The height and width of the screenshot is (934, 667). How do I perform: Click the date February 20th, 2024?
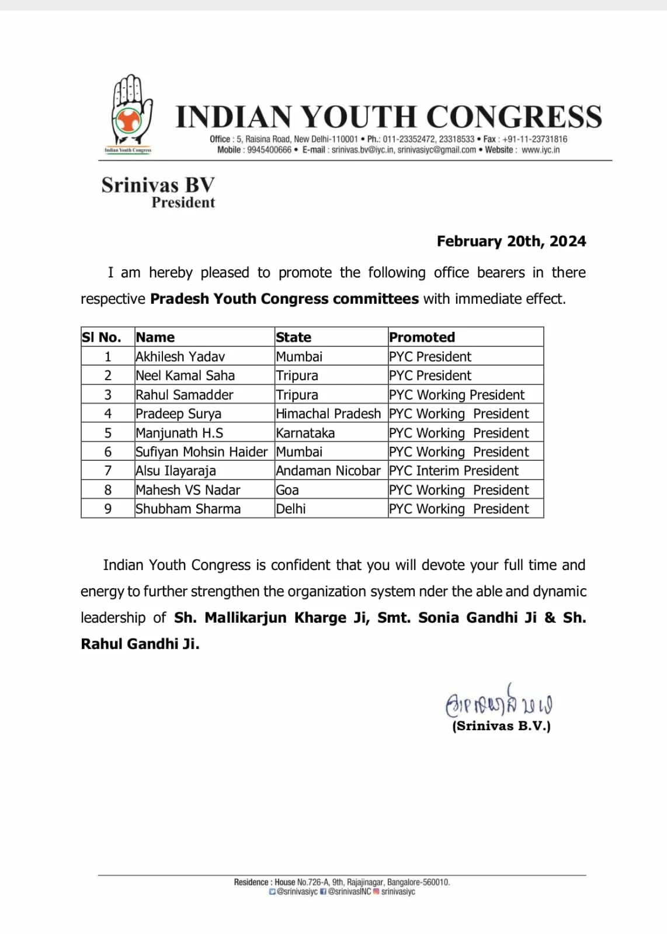(x=511, y=241)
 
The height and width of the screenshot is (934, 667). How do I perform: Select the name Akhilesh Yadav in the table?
(x=180, y=356)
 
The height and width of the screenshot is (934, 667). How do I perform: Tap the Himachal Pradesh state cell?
(x=328, y=414)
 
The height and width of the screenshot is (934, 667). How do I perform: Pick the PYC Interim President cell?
(x=453, y=471)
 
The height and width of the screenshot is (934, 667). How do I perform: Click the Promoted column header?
(x=422, y=337)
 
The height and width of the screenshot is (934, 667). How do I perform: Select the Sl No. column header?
(x=101, y=337)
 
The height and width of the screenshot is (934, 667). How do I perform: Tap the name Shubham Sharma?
(x=187, y=509)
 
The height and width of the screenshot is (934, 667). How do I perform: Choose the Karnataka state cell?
(x=305, y=433)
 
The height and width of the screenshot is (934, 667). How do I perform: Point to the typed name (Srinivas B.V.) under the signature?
(x=501, y=726)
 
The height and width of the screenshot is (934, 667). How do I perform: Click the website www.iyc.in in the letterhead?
(x=540, y=150)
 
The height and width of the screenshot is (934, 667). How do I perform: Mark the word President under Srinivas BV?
(x=183, y=203)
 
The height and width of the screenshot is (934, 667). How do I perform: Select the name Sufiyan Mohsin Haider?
(x=201, y=452)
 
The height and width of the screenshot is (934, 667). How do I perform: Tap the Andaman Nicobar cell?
(x=328, y=471)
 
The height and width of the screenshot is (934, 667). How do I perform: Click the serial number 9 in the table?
(x=107, y=509)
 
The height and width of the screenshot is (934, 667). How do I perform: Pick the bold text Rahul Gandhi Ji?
(x=140, y=644)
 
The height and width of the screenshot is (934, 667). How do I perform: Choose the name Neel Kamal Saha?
(x=185, y=376)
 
